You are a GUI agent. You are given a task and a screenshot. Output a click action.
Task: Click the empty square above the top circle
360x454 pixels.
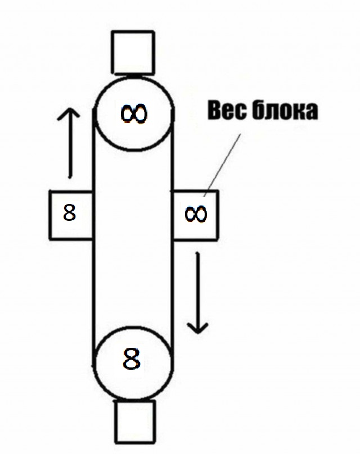(133, 52)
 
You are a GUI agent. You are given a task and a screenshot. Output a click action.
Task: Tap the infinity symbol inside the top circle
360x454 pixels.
(134, 114)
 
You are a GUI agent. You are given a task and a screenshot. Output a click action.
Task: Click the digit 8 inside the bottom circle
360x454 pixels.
(131, 358)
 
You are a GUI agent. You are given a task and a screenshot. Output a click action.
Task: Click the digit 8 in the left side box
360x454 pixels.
(69, 212)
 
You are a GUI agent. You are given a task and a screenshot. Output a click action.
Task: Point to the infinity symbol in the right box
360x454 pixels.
(196, 214)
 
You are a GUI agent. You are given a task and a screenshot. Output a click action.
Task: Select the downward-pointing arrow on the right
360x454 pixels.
(198, 293)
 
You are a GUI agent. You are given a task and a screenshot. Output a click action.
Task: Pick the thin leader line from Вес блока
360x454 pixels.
(222, 165)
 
